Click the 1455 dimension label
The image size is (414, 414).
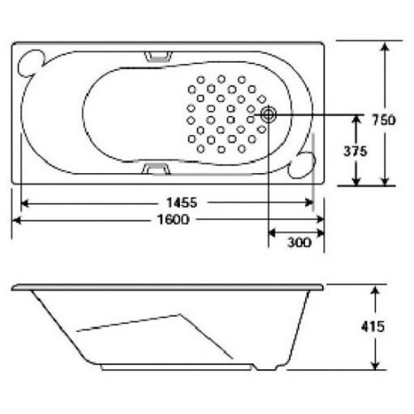pyautogui.click(x=182, y=203)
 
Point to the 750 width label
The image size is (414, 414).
pyautogui.click(x=383, y=120)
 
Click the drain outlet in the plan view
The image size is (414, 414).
pyautogui.click(x=268, y=115)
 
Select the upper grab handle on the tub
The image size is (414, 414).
pyautogui.click(x=159, y=56)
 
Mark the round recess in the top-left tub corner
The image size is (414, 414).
pyautogui.click(x=30, y=63)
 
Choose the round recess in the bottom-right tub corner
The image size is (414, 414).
pyautogui.click(x=302, y=163)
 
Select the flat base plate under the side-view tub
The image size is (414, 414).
pyautogui.click(x=172, y=368)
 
